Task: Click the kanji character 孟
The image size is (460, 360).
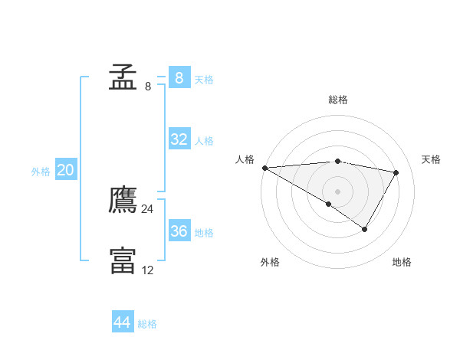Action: pyautogui.click(x=123, y=77)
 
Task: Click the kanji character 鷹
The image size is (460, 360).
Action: pyautogui.click(x=123, y=201)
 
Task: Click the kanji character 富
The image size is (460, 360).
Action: pyautogui.click(x=123, y=260)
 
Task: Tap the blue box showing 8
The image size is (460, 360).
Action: pyautogui.click(x=179, y=77)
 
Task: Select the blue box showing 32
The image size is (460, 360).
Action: pyautogui.click(x=179, y=139)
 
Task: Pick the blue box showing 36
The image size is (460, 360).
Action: pyautogui.click(x=179, y=231)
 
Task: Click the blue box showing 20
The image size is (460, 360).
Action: pyautogui.click(x=65, y=170)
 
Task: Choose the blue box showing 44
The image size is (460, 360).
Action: pyautogui.click(x=122, y=322)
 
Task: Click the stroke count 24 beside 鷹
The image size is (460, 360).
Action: pyautogui.click(x=147, y=209)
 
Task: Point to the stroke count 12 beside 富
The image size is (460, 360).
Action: pyautogui.click(x=147, y=270)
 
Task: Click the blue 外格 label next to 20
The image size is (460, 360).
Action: pyautogui.click(x=41, y=172)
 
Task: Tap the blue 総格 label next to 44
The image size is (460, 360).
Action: pyautogui.click(x=147, y=324)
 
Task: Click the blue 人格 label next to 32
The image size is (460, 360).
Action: pyautogui.click(x=204, y=141)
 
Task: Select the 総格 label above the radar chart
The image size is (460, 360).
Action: pyautogui.click(x=338, y=100)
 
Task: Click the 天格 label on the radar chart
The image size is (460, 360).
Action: pyautogui.click(x=431, y=159)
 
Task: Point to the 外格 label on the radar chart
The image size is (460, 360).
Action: pyautogui.click(x=270, y=262)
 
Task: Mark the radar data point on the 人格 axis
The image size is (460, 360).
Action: pyautogui.click(x=264, y=168)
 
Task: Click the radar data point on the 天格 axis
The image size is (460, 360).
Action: pyautogui.click(x=396, y=172)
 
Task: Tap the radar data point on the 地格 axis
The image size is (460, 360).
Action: pyautogui.click(x=365, y=229)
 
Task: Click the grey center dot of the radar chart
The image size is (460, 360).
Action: pyautogui.click(x=337, y=191)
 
